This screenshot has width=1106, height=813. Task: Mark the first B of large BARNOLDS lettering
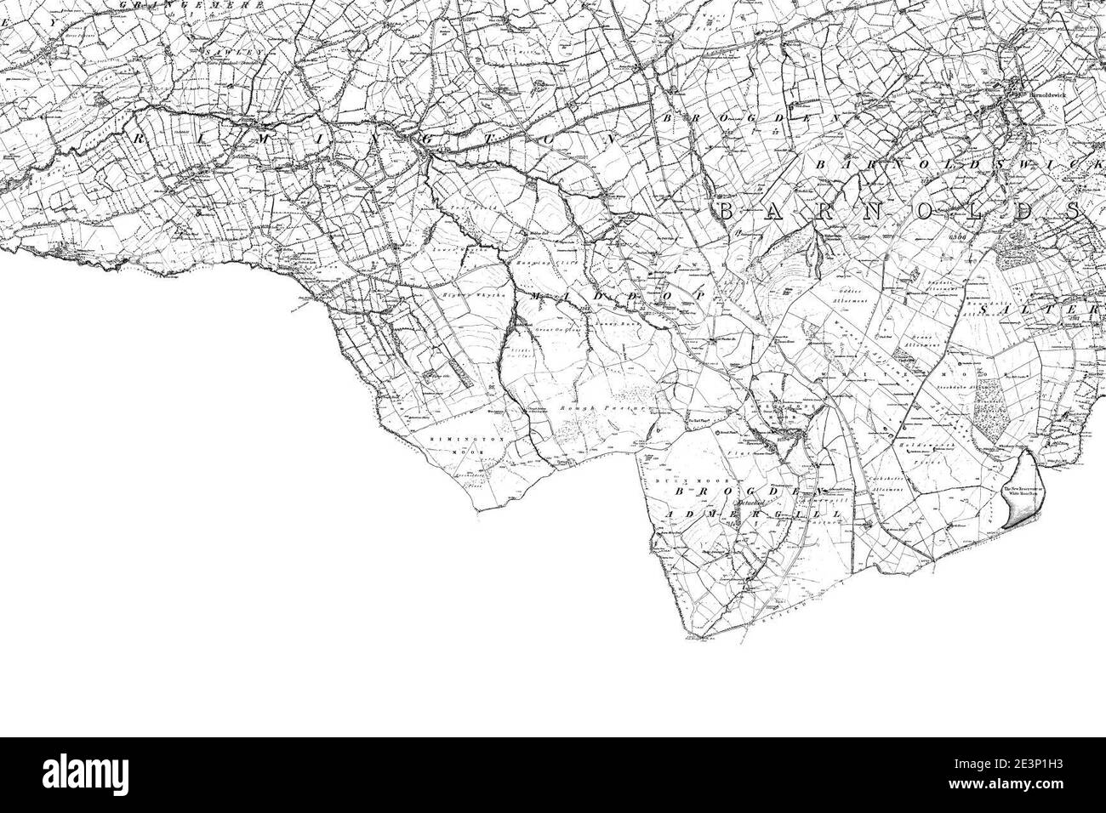pyautogui.click(x=725, y=211)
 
